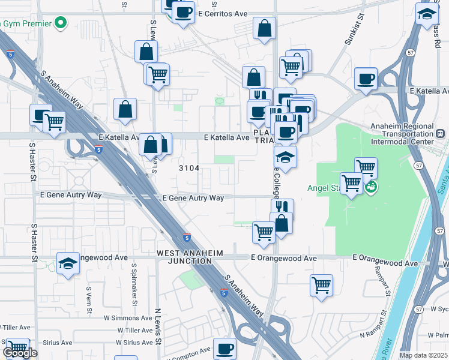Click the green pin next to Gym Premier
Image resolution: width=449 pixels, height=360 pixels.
pos(60,23)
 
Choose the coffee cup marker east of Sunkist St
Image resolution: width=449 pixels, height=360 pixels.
pos(366,79)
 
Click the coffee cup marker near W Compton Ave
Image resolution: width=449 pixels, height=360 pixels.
pos(225,348)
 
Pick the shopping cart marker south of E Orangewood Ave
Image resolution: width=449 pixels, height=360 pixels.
pos(322,284)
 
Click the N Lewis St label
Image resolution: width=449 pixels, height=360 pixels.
pos(158,328)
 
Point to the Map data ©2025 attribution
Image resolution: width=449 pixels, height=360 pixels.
pos(423,355)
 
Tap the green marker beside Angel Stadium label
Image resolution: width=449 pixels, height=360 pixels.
pos(371,187)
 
